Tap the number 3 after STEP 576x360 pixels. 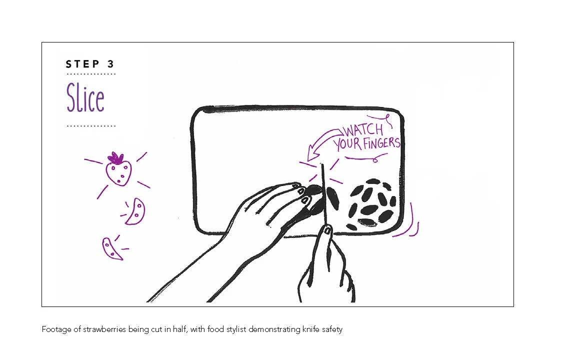[110, 64]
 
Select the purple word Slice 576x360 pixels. [85, 98]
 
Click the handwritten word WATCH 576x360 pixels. [362, 131]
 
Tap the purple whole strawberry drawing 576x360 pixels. [119, 171]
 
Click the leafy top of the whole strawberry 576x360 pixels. [116, 158]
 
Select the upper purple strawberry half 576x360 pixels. [135, 212]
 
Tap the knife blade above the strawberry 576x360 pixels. [323, 177]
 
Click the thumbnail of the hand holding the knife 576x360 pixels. [327, 230]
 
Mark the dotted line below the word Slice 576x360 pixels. [91, 126]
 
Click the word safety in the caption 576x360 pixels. [332, 329]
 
